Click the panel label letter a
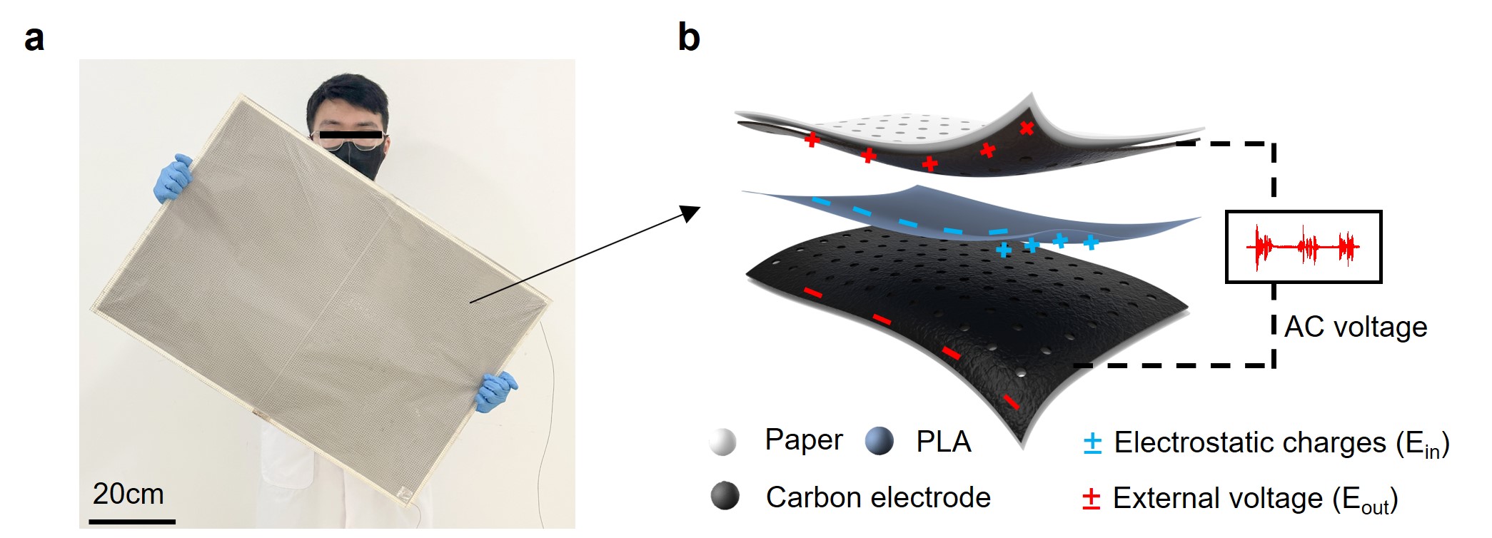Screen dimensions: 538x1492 pyautogui.click(x=34, y=39)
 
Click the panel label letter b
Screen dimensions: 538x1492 pyautogui.click(x=688, y=37)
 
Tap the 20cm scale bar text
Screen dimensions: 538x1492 pyautogui.click(x=128, y=494)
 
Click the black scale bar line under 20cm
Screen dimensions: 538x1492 pyautogui.click(x=132, y=522)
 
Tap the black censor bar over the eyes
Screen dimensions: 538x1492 pyautogui.click(x=351, y=134)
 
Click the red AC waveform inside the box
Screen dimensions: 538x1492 pyautogui.click(x=1303, y=247)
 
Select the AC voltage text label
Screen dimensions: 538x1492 pyautogui.click(x=1355, y=327)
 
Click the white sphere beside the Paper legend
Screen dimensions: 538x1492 pyautogui.click(x=722, y=442)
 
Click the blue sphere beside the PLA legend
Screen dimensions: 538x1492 pyautogui.click(x=879, y=441)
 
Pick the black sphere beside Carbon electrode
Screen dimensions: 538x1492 pyautogui.click(x=725, y=496)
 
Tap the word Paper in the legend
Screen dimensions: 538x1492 pyautogui.click(x=803, y=440)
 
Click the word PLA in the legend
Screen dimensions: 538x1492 pyautogui.click(x=943, y=442)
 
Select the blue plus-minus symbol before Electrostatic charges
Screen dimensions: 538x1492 pyautogui.click(x=1092, y=443)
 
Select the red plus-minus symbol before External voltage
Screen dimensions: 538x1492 pyautogui.click(x=1091, y=499)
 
